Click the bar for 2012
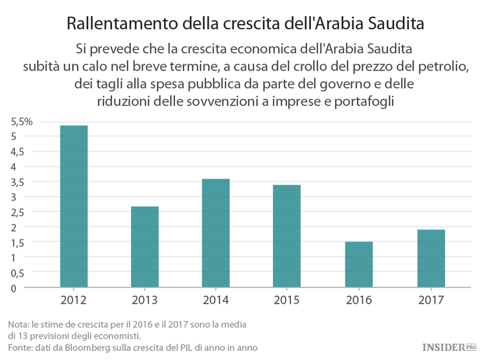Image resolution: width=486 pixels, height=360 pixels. [73, 206]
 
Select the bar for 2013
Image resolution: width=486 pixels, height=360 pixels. [145, 247]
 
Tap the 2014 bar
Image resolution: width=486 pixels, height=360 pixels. [216, 232]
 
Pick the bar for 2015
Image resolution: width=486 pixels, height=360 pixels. [287, 236]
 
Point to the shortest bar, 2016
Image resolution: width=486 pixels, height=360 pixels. [358, 264]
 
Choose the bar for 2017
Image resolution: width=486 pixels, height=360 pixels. [430, 258]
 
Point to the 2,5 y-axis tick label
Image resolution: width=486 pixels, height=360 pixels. [17, 212]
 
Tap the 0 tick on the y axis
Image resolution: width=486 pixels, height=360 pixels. [12, 287]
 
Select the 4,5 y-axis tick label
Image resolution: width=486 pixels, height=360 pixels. [17, 152]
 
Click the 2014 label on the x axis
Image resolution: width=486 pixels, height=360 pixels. [216, 301]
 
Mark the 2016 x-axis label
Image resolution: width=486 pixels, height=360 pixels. [358, 301]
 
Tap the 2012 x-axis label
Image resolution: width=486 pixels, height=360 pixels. [73, 301]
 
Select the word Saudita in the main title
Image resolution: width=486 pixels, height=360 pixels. [392, 24]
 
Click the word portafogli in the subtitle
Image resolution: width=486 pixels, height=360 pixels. [361, 102]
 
